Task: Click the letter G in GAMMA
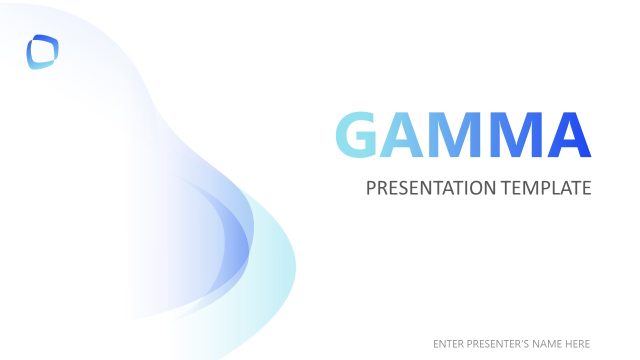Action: coord(358,135)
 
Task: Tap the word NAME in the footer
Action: coord(547,343)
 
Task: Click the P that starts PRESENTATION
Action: coord(371,188)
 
